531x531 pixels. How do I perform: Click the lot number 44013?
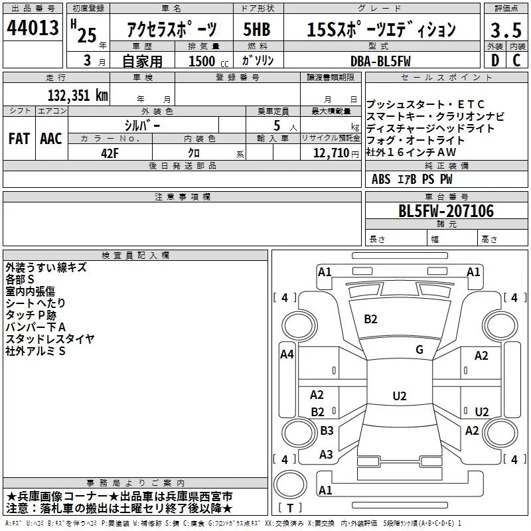33,28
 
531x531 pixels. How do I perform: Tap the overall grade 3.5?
506,30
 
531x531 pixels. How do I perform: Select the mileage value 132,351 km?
78,96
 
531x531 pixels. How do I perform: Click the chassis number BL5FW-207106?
446,211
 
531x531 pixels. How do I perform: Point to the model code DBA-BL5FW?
380,61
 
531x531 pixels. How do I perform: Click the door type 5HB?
257,29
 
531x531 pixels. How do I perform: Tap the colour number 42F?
110,153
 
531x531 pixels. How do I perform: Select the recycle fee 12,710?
331,153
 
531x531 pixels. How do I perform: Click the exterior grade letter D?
495,60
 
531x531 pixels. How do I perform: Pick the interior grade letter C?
516,60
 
